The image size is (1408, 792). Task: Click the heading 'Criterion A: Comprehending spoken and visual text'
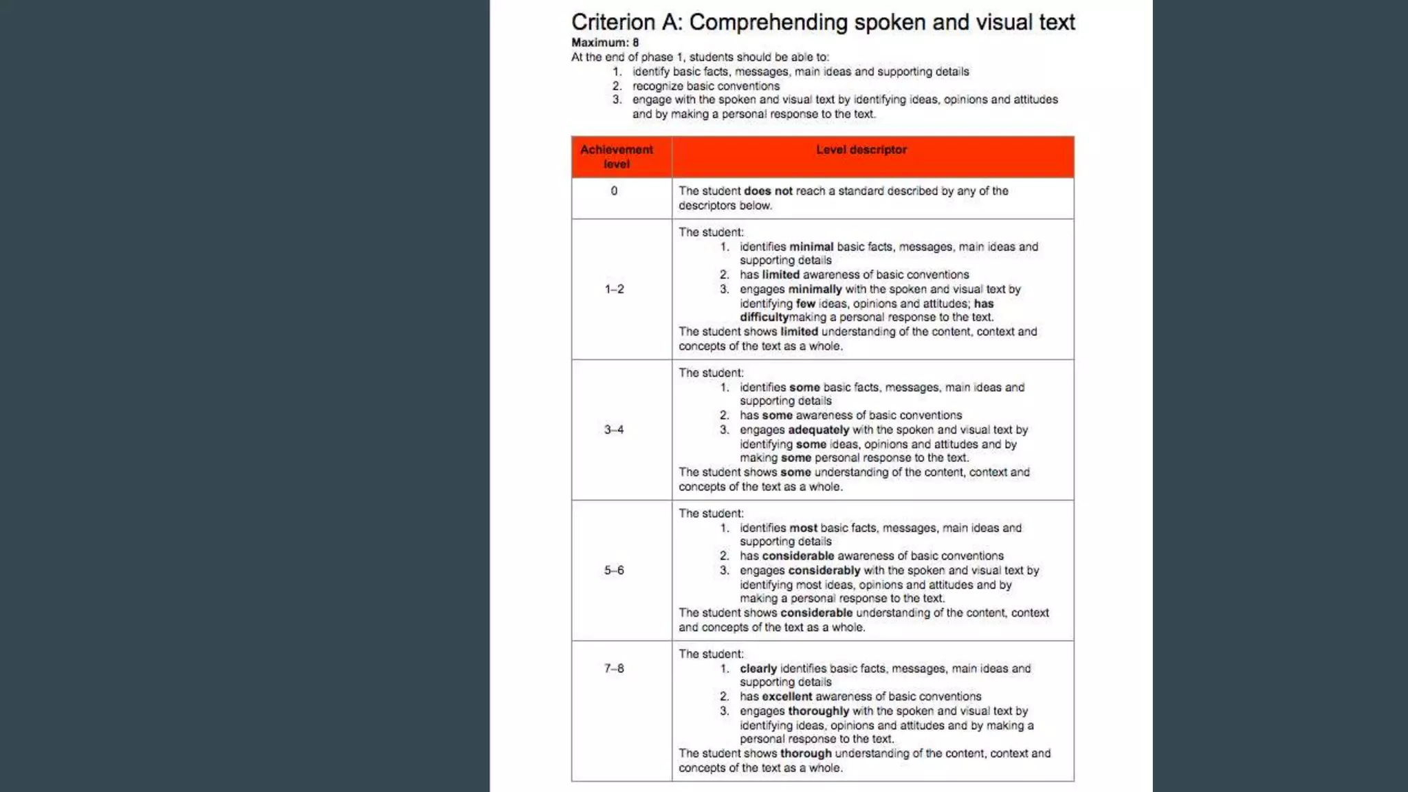[x=823, y=22]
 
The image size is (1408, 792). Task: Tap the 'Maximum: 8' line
[x=605, y=43]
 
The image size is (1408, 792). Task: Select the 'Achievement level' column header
[x=617, y=157]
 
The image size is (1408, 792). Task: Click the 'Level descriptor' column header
[x=861, y=150]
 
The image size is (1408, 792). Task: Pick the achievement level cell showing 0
[x=614, y=191]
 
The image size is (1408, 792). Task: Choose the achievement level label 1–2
[x=615, y=289]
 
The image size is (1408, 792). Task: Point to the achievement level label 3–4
[x=614, y=430]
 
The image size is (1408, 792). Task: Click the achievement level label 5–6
[x=614, y=571]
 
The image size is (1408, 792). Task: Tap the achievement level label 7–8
[x=614, y=668]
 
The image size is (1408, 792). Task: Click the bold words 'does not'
[x=768, y=191]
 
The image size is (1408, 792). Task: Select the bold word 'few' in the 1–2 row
[x=805, y=304]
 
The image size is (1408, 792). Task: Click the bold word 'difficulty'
[x=764, y=318]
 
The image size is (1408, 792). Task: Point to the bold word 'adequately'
[x=818, y=430]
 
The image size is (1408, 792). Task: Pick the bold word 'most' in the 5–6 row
[x=803, y=528]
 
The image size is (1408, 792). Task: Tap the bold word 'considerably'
[x=824, y=571]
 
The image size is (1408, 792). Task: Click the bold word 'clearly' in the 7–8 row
[x=758, y=669]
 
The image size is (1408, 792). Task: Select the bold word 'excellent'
[x=786, y=696]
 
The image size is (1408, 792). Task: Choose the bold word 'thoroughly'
[x=818, y=711]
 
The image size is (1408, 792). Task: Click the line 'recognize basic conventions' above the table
[x=705, y=86]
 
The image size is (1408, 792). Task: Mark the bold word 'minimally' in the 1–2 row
[x=815, y=289]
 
